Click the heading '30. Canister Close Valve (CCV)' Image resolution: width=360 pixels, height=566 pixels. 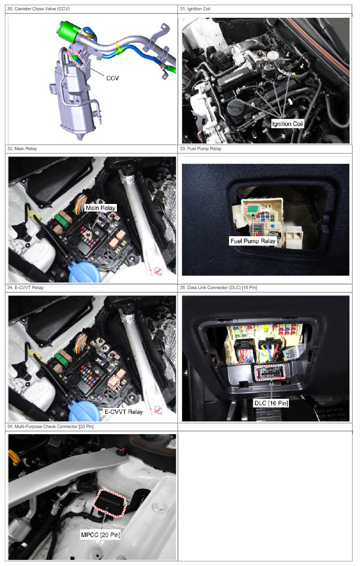coord(38,9)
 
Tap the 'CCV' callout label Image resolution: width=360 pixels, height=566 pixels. coord(112,78)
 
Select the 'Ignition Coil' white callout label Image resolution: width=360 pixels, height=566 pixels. coord(287,124)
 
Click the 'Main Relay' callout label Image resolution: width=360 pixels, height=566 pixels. coord(101,208)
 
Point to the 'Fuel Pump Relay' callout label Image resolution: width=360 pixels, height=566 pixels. coord(253,241)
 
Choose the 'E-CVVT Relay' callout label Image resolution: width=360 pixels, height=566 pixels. coord(124,412)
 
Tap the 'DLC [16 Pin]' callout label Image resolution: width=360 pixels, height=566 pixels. coord(271,403)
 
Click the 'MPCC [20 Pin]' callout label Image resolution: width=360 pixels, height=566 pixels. coord(101,535)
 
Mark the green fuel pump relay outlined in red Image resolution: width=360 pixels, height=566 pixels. coord(253,209)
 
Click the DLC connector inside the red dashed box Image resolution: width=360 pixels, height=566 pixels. coord(270,372)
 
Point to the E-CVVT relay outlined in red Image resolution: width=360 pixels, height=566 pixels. coord(114,382)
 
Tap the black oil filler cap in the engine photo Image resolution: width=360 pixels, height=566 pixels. coord(235,108)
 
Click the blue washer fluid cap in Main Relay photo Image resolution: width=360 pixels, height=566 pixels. coord(84,272)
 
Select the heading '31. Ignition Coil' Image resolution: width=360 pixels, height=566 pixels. coord(195,9)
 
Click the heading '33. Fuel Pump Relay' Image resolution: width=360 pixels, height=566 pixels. coord(201,149)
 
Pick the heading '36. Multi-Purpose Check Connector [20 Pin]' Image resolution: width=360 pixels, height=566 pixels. coord(50,427)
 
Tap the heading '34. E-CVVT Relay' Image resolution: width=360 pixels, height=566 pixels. coord(25,288)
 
